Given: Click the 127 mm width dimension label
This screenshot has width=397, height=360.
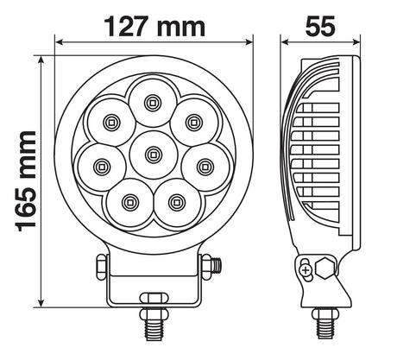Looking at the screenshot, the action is (x=154, y=27).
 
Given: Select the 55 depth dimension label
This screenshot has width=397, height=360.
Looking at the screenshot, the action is (x=320, y=26).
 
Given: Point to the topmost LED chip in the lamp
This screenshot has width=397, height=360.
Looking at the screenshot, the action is (x=153, y=103).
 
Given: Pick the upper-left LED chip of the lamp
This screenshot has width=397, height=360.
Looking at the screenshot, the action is (x=111, y=123).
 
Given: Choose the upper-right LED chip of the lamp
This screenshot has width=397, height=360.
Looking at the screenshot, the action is (x=194, y=123).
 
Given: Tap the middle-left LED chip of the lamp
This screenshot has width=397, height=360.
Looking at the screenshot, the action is (x=101, y=167).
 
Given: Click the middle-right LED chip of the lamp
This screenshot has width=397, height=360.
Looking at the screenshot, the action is (x=205, y=167).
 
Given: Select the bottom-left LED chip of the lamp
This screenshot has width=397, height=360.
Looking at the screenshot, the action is (x=129, y=202).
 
